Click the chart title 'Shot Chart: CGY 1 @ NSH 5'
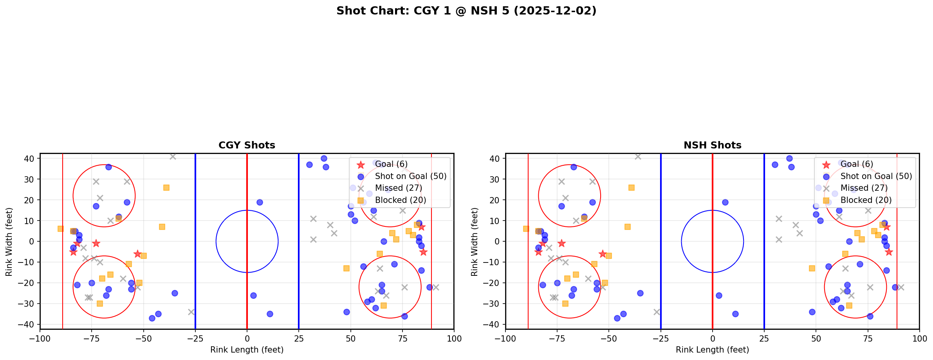tap(466, 11)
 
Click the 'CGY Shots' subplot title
tap(247, 145)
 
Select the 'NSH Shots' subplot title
tap(712, 145)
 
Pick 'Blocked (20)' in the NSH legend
tap(866, 200)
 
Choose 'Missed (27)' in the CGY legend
tap(398, 188)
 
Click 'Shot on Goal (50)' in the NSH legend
tap(876, 176)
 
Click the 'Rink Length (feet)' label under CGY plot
tap(247, 350)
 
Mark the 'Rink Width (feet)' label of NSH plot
tap(475, 242)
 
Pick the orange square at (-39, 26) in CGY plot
tap(166, 188)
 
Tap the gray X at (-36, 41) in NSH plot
tap(638, 156)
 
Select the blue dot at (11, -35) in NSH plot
tap(735, 314)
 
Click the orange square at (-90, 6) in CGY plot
tap(61, 229)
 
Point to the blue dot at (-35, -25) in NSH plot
tap(640, 293)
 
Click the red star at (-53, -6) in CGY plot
tap(137, 254)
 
